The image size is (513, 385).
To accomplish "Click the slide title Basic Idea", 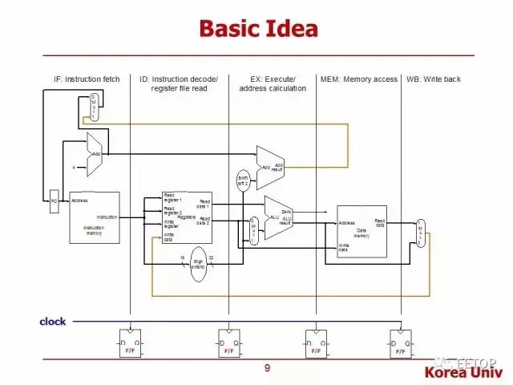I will pos(257,30).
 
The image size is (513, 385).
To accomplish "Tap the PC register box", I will pos(54,201).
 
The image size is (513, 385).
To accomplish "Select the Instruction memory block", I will pos(94,217).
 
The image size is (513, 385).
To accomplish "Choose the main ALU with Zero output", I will pos(278,217).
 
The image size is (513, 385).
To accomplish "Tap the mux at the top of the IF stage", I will pos(94,107).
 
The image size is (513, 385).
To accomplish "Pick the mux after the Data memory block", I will pos(421,232).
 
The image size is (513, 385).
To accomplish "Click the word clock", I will pos(53,322).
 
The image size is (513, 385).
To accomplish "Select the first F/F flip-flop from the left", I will pos(131,343).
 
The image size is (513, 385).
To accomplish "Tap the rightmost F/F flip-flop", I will pos(401,343).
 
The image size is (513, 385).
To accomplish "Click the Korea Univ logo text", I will pos(466,373).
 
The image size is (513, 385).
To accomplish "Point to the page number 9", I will pos(267,367).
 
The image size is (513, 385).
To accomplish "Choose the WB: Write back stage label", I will pos(434,79).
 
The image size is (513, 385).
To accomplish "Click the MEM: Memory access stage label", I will pos(358,79).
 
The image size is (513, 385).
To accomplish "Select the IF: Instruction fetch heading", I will pos(87,79).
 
